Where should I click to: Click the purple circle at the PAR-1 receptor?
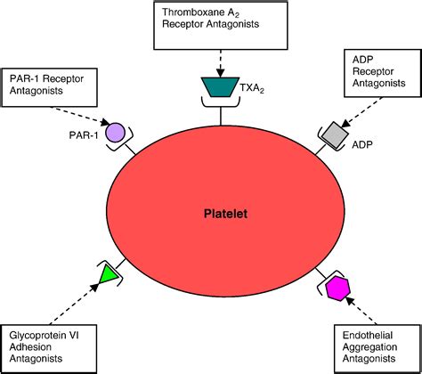(116, 133)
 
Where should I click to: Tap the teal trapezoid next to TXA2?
(220, 87)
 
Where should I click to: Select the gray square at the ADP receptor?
(335, 134)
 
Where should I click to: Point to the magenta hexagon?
(337, 289)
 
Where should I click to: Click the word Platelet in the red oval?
(225, 214)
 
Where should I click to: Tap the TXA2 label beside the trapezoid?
(252, 88)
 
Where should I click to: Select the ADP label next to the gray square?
(362, 145)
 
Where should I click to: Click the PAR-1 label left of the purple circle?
(84, 135)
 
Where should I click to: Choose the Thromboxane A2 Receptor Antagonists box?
(221, 26)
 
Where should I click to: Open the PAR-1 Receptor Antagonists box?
(49, 87)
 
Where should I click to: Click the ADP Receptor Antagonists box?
(383, 73)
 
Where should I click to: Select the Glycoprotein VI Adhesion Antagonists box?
(49, 348)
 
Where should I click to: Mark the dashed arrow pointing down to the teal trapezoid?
(220, 63)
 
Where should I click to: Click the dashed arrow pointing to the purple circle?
(81, 115)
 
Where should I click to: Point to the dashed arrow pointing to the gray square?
(361, 112)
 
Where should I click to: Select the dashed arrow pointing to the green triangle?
(74, 304)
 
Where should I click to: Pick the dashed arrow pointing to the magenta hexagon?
(361, 311)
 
